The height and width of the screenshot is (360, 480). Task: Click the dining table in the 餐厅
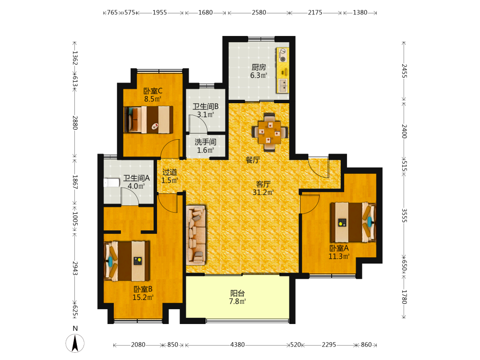point(270,132)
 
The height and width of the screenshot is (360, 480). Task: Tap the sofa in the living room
point(196,235)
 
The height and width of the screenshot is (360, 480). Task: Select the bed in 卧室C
point(148,120)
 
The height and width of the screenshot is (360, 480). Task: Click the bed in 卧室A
point(353,222)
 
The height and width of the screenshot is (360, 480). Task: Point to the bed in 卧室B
point(127,261)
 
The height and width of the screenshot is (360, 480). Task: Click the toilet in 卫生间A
point(111,183)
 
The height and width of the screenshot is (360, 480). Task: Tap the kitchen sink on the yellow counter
point(283,85)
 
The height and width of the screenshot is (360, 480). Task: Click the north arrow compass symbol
point(75,343)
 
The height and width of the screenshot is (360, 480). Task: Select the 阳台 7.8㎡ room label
point(238,297)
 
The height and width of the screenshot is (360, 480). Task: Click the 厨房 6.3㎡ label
point(259,71)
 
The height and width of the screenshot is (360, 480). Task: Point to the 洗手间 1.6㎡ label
point(205,146)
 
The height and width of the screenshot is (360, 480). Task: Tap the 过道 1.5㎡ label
point(169,176)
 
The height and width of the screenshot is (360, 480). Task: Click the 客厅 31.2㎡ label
point(263,188)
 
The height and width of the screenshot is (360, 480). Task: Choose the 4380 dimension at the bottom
point(238,345)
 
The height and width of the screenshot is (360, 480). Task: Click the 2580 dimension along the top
point(259,12)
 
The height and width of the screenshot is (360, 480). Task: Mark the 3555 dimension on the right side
point(404,216)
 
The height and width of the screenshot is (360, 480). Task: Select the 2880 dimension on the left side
point(75,122)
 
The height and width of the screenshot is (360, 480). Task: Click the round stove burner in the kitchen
point(283,59)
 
